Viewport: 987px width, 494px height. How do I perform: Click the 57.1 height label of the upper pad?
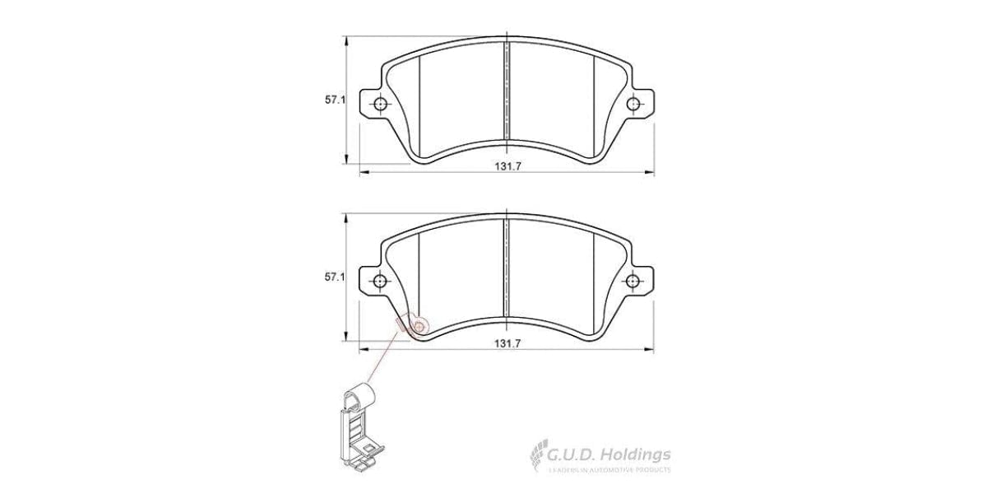(333, 100)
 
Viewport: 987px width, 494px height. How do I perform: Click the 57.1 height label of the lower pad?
(333, 278)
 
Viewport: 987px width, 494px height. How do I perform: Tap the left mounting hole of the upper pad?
(380, 105)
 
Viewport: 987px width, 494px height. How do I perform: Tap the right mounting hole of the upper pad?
(633, 105)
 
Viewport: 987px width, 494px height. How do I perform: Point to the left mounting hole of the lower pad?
(380, 282)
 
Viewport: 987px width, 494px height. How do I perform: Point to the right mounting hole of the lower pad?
(633, 282)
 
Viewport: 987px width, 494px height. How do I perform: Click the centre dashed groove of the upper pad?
(507, 91)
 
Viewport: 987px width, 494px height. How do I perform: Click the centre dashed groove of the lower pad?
(507, 268)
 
